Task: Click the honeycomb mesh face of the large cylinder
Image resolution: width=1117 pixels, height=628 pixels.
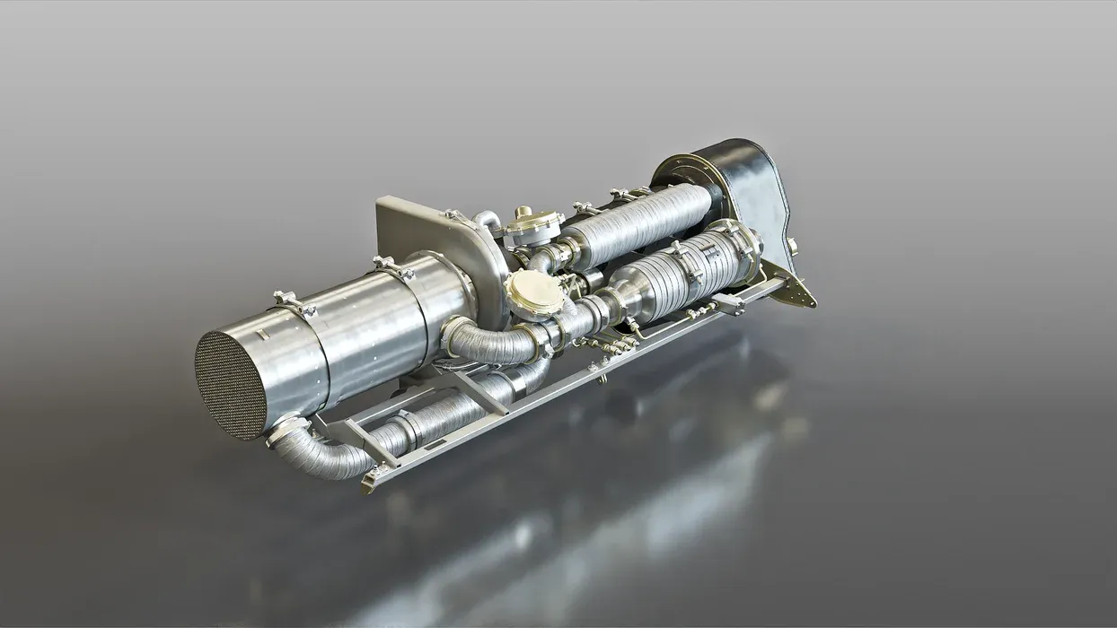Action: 231,385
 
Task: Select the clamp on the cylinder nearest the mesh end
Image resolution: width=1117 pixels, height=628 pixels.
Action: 295,303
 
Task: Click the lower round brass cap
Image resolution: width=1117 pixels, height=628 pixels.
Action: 535,292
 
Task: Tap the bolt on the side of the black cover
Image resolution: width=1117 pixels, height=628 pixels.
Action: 792,243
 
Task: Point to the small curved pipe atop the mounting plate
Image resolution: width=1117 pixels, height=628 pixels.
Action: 488,219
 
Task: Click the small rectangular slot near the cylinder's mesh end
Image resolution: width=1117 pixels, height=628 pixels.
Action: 260,335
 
